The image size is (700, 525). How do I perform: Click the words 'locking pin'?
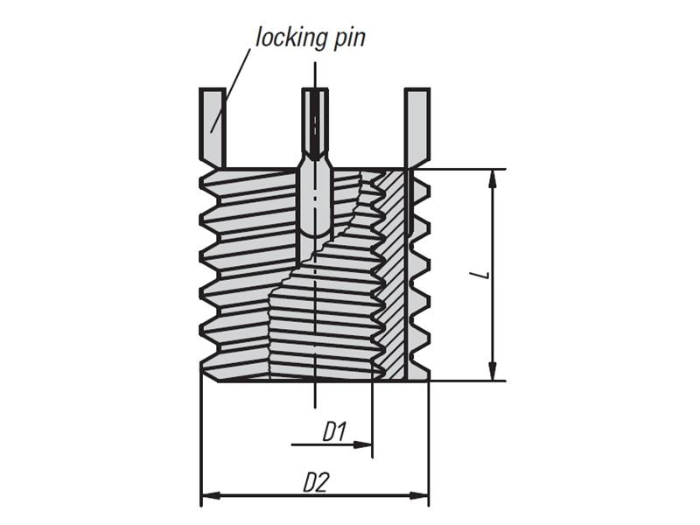click(x=310, y=38)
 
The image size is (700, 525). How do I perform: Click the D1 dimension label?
click(x=335, y=430)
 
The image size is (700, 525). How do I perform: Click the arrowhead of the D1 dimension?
click(x=365, y=444)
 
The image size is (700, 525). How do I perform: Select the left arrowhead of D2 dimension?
click(x=208, y=497)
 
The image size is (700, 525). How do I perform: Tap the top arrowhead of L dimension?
click(x=493, y=178)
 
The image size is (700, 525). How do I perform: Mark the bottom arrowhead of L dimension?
click(x=493, y=371)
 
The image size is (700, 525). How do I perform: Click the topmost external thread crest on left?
click(x=203, y=185)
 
